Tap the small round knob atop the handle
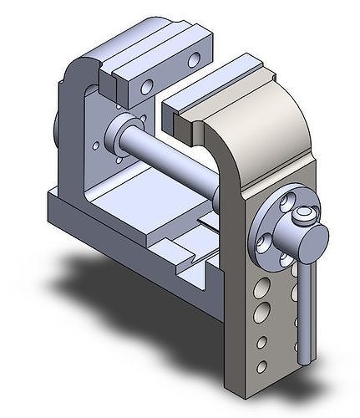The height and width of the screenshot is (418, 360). (306, 217)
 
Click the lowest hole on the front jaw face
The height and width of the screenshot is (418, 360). (262, 366)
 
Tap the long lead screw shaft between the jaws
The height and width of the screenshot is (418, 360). (175, 163)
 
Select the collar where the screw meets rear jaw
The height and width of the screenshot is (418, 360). (117, 134)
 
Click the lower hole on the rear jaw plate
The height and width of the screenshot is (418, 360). (147, 86)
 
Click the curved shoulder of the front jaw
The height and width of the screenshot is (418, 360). (284, 125)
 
